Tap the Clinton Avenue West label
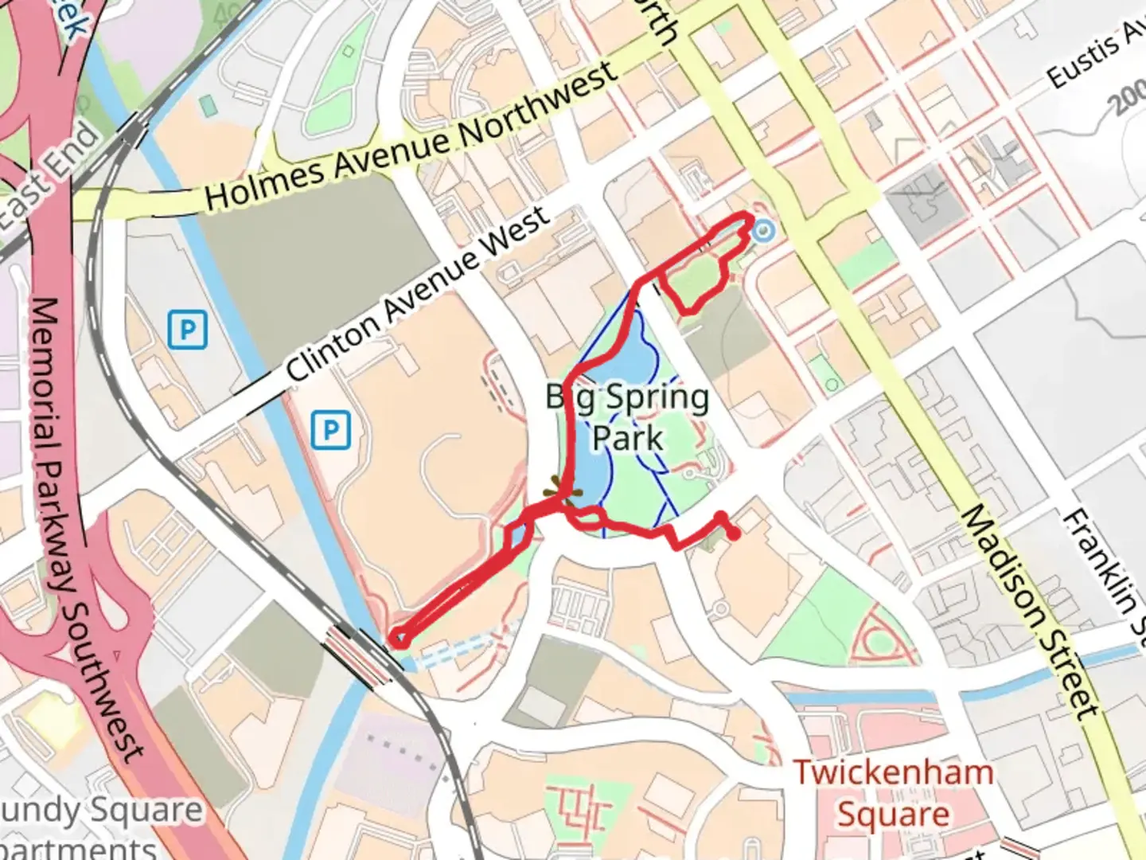(x=417, y=293)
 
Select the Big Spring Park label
(x=628, y=416)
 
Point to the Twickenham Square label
(x=893, y=793)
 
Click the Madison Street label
(x=1031, y=612)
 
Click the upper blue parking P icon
(x=188, y=330)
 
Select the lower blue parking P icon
(x=330, y=431)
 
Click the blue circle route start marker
(x=763, y=231)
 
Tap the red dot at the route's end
(x=734, y=534)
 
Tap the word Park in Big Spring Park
(x=628, y=437)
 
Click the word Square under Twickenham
(x=893, y=814)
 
